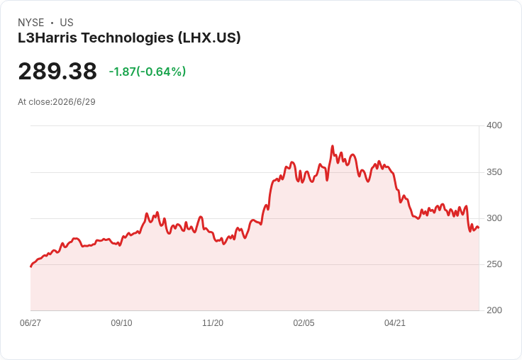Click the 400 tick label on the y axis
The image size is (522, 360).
point(494,125)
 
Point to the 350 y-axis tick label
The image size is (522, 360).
point(494,172)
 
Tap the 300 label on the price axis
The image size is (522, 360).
point(494,218)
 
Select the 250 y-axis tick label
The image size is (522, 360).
point(494,264)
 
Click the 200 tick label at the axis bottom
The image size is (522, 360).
point(494,310)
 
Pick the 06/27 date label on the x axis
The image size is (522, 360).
point(30,323)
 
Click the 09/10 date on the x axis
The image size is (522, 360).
point(121,323)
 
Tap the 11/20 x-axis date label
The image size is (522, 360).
point(213,323)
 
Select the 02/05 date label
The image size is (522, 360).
point(304,323)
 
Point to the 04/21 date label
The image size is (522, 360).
point(395,323)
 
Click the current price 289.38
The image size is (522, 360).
point(57,72)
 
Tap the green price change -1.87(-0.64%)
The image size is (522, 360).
point(148,72)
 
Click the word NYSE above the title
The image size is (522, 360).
point(31,23)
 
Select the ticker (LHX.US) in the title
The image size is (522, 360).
point(209,38)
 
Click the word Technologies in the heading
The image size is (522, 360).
point(128,38)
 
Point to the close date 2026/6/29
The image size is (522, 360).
point(74,102)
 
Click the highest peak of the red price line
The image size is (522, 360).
point(332,146)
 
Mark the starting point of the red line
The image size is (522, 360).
point(31,266)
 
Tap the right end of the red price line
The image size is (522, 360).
point(479,228)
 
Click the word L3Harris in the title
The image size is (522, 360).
point(48,38)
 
